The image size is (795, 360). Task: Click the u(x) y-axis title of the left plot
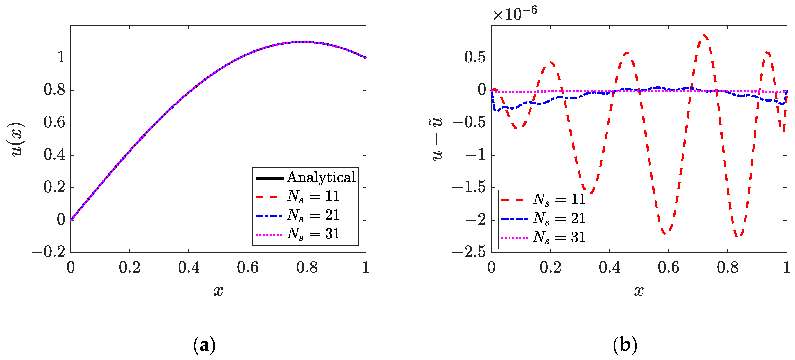[x=16, y=139]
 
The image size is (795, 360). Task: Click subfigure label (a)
[x=204, y=345]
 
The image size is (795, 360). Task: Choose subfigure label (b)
[x=625, y=345]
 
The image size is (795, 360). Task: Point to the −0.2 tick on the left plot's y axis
[x=49, y=252]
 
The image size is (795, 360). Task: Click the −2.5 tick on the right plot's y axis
[x=469, y=252]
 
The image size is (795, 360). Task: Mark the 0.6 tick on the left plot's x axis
[x=248, y=267]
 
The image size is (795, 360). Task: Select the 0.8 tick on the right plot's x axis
[x=728, y=267]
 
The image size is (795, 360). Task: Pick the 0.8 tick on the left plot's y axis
[x=54, y=90]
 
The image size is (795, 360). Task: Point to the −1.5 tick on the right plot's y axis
[x=469, y=187]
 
